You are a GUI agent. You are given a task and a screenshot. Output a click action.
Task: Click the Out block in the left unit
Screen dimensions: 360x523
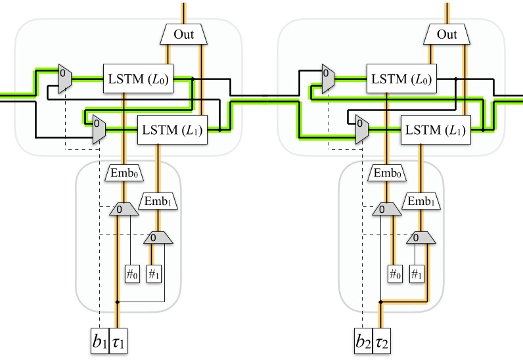183,34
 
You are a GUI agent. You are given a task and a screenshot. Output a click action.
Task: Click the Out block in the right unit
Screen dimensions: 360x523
447,34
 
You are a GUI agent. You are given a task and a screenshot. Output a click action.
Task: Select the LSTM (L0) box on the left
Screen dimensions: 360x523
137,79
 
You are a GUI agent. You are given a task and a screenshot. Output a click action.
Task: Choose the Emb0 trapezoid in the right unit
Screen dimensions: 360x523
386,174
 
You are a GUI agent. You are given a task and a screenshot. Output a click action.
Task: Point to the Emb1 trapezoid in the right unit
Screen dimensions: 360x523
421,200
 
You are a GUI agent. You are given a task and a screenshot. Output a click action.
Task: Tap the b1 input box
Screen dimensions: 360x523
99,342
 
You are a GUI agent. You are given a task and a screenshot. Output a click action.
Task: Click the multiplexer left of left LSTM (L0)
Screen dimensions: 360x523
64,79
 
